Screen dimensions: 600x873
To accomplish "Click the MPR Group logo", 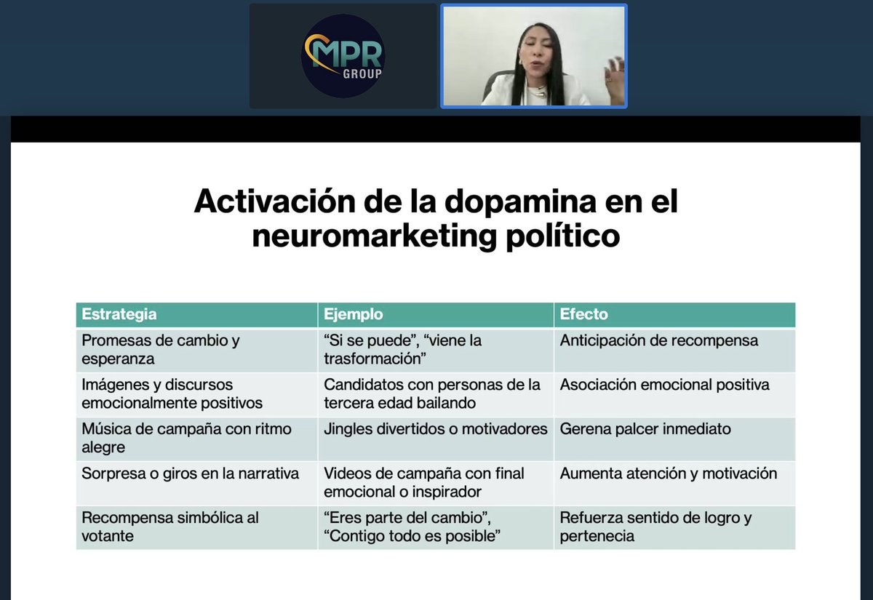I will point(343,55).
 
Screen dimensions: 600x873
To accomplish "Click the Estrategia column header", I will point(119,315).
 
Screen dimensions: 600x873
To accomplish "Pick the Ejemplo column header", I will point(354,315).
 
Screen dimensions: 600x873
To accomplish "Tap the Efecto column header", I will point(583,315).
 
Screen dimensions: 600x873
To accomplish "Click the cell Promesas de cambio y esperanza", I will point(161,350).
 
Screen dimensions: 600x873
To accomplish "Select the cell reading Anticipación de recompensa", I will point(659,340).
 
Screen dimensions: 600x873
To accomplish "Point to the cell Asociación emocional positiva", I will point(664,385).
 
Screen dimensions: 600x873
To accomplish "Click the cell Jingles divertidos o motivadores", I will point(435,429).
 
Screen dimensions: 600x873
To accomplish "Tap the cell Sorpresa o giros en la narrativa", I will point(191,473).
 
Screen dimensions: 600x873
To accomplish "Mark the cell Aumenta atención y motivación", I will point(668,473).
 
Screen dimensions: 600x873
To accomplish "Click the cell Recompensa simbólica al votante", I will point(170,527).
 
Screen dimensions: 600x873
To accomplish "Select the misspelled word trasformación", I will point(375,359).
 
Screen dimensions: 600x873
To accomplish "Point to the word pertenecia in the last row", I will point(597,537).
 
